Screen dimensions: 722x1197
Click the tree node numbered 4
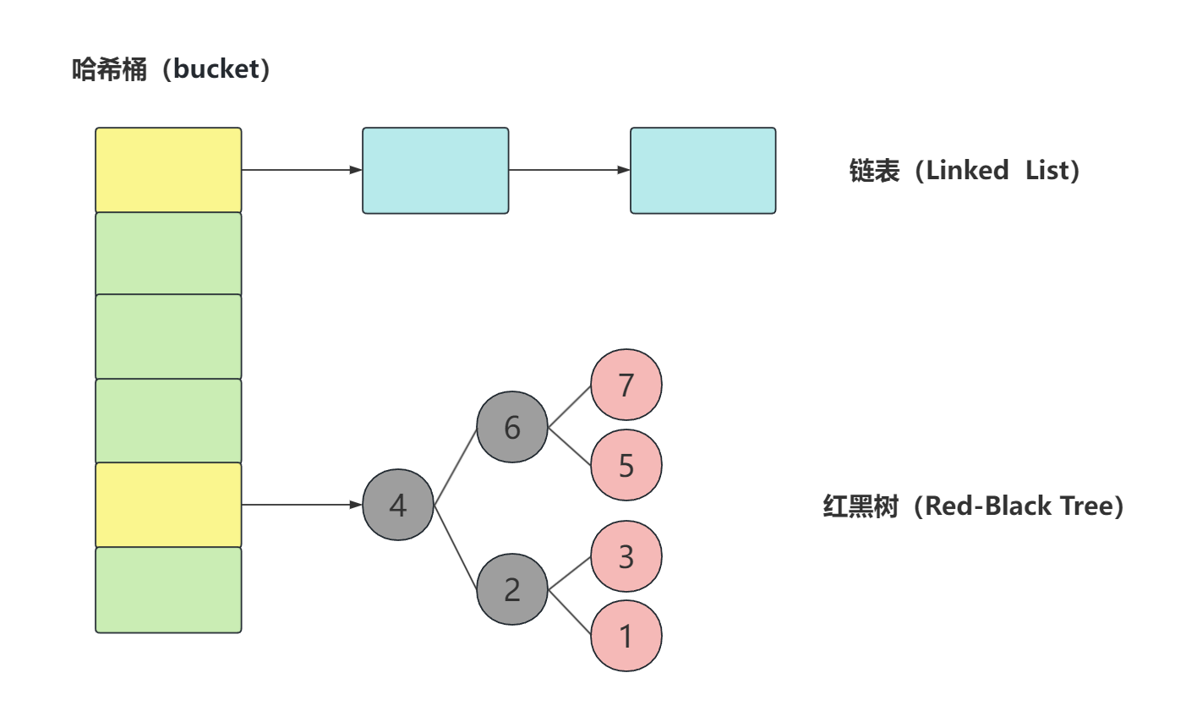tap(398, 505)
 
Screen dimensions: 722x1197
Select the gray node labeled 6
tap(512, 427)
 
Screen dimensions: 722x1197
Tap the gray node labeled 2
tap(512, 589)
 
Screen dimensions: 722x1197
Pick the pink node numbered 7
tap(626, 385)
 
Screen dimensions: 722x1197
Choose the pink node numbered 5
tap(626, 465)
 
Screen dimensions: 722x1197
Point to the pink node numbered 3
tap(626, 556)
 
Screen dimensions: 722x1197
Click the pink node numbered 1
tap(626, 636)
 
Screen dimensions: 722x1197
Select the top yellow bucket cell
tap(168, 170)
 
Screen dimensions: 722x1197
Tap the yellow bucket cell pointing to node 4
tap(168, 505)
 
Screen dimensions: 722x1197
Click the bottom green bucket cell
tap(168, 590)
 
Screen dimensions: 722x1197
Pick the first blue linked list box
tap(435, 171)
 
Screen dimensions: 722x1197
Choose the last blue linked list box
tap(702, 171)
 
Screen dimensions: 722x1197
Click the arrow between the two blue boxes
tap(569, 170)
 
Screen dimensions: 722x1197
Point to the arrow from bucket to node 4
tap(302, 505)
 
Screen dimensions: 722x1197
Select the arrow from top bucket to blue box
tap(302, 170)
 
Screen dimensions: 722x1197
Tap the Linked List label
tap(1002, 171)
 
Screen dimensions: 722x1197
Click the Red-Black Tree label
tap(1024, 506)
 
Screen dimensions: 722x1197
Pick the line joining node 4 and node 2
tap(456, 547)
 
